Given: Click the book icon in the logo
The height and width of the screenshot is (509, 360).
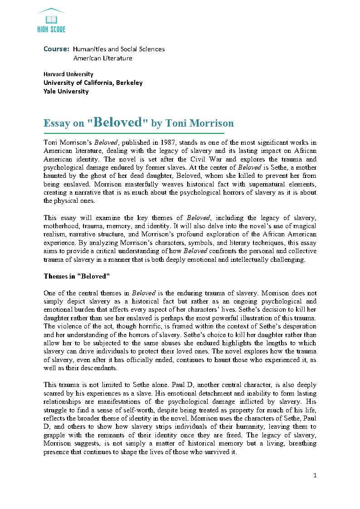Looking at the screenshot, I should [51, 19].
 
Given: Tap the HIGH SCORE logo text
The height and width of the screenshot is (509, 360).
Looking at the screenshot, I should [51, 29].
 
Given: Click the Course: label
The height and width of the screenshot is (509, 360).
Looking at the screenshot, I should [56, 49].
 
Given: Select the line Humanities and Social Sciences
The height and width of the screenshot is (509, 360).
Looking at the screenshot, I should [119, 49].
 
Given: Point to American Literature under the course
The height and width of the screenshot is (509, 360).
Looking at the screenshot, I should [103, 58].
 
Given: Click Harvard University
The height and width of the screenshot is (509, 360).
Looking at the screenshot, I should [68, 74].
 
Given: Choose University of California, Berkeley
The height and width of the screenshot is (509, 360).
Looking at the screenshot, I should [93, 83].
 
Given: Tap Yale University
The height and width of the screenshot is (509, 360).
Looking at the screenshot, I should [66, 91].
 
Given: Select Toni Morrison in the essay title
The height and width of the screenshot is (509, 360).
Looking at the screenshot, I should [199, 123].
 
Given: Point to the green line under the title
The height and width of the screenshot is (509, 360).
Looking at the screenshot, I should [134, 133].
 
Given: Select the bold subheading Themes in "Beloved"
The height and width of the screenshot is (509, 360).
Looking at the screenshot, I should [77, 276].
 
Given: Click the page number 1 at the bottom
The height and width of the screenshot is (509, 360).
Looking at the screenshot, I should [315, 475].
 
